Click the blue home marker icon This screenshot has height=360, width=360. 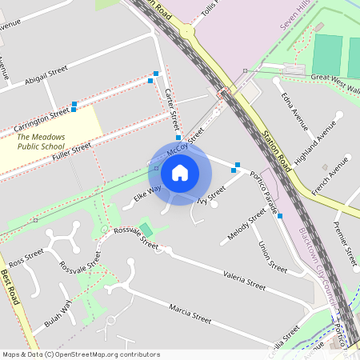pos(180,172)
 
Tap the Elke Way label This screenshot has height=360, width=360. pos(147,190)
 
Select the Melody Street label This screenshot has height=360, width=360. pos(246,224)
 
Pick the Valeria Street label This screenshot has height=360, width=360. pos(244,278)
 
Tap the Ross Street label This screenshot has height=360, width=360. pos(26,257)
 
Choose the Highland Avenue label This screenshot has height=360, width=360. pos(315,144)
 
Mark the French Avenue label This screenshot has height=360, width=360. pos(332,177)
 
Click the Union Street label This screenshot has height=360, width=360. pos(273,257)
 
